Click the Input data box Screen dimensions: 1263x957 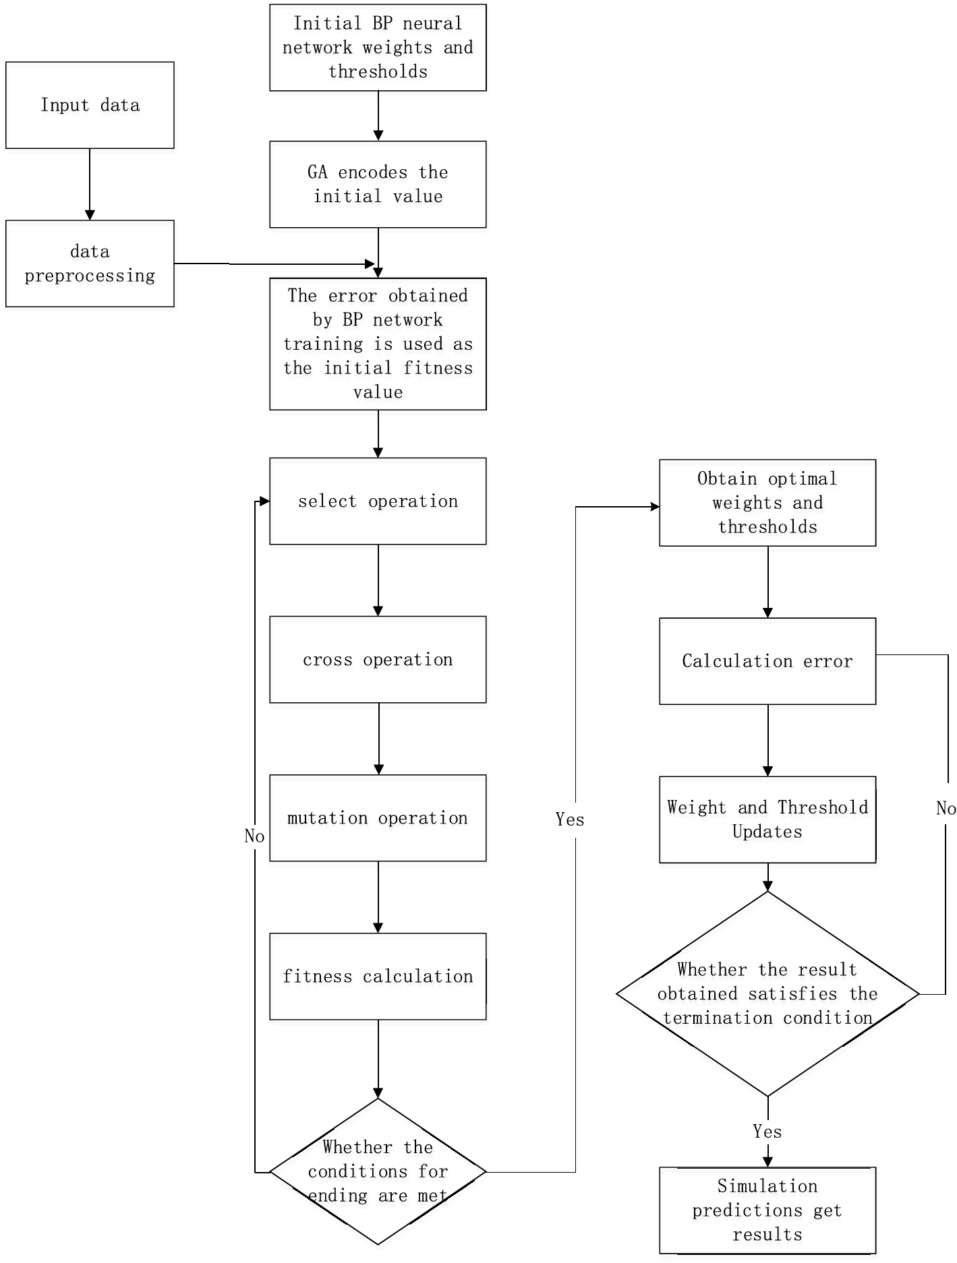coord(90,105)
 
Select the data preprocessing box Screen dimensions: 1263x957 coord(90,264)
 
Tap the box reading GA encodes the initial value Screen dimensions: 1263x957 coord(378,184)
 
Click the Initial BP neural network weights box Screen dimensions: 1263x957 coord(378,47)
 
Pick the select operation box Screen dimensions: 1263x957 coord(378,501)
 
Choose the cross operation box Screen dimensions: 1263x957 coord(378,659)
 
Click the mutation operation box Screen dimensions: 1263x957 coord(378,818)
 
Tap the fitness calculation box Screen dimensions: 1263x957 coord(378,976)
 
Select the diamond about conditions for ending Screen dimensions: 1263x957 coord(378,1171)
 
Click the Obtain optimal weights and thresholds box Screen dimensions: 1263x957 coord(767,503)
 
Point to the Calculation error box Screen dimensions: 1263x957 coord(767,661)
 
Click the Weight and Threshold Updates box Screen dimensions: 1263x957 coord(767,820)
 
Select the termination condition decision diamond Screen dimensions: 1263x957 coord(767,993)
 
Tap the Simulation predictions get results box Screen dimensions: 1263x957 coord(767,1210)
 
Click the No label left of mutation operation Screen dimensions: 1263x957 coord(254,836)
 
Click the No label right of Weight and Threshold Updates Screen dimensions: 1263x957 coord(946,809)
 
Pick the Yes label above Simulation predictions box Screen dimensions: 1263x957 coord(767,1132)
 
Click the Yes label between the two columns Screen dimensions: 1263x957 coord(570,820)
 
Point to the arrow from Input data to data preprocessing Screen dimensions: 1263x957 coord(90,184)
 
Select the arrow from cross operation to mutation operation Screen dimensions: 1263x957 coord(378,739)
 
